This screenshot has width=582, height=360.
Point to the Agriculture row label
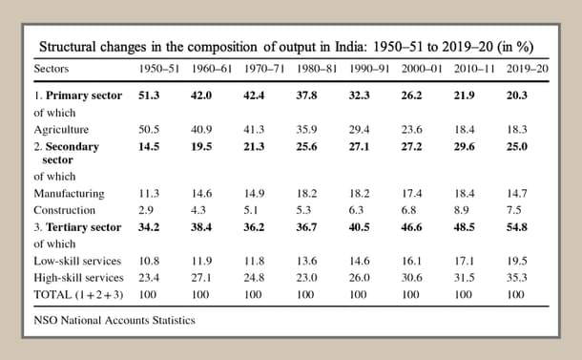point(62,127)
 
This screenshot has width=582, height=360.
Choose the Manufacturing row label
point(69,193)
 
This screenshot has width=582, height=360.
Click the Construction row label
point(64,209)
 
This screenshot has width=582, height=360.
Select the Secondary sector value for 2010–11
point(468,144)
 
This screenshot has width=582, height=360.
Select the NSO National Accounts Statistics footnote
point(114,320)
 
